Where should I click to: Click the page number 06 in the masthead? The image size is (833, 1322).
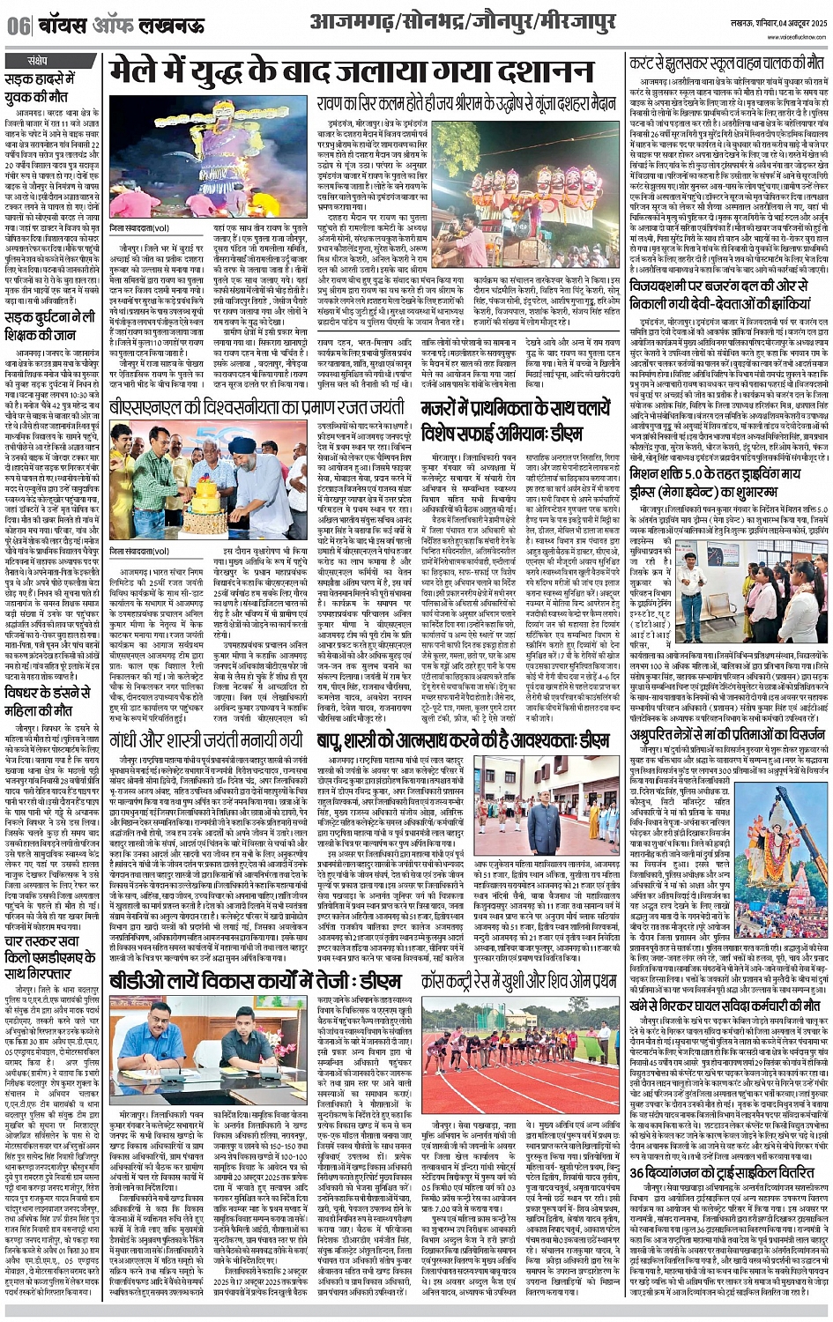point(18,26)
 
